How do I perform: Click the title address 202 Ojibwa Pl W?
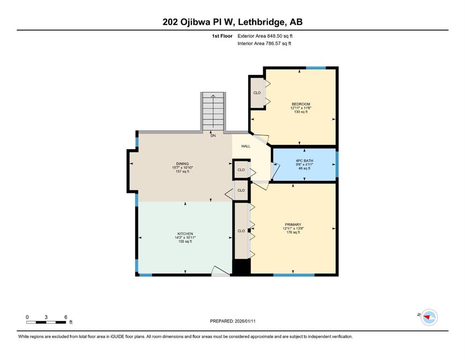[x=199, y=22]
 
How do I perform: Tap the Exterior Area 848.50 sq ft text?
[x=265, y=36]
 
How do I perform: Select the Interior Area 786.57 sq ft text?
[x=264, y=43]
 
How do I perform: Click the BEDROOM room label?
[x=301, y=104]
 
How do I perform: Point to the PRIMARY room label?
[x=293, y=225]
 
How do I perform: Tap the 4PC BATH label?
[x=304, y=161]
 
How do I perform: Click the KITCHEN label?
[x=185, y=234]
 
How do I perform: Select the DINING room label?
[x=182, y=164]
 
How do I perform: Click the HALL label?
[x=245, y=146]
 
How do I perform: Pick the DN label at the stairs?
[x=213, y=135]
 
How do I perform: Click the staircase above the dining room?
[x=213, y=111]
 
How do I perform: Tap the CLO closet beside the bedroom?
[x=257, y=93]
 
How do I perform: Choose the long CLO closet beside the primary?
[x=241, y=231]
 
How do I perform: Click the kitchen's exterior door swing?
[x=221, y=271]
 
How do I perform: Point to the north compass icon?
[x=429, y=317]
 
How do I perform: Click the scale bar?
[x=46, y=322]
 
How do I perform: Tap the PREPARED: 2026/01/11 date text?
[x=232, y=321]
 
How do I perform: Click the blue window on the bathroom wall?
[x=337, y=164]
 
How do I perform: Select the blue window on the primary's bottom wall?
[x=294, y=275]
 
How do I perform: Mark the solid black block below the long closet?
[x=241, y=267]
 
